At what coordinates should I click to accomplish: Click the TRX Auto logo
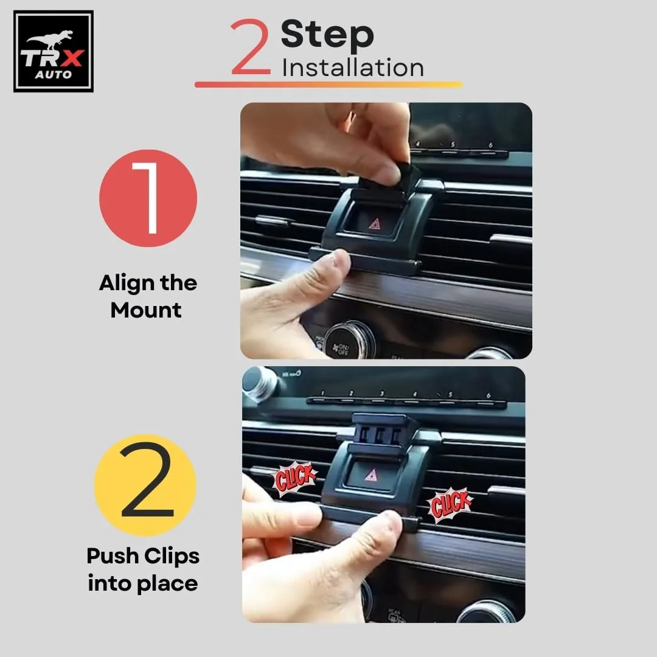click(54, 52)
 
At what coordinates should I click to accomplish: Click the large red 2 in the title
click(251, 47)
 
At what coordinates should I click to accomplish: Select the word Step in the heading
click(327, 35)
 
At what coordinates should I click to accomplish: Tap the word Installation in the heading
click(352, 67)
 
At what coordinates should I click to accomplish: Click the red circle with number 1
click(148, 198)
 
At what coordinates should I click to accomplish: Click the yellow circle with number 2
click(145, 485)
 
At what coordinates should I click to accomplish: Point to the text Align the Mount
click(148, 297)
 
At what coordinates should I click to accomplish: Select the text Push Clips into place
click(143, 569)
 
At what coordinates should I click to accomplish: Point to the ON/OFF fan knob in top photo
click(349, 339)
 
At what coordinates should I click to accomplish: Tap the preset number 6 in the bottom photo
click(488, 395)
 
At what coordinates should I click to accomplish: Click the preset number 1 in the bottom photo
click(322, 393)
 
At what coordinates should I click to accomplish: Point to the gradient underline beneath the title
click(328, 85)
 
